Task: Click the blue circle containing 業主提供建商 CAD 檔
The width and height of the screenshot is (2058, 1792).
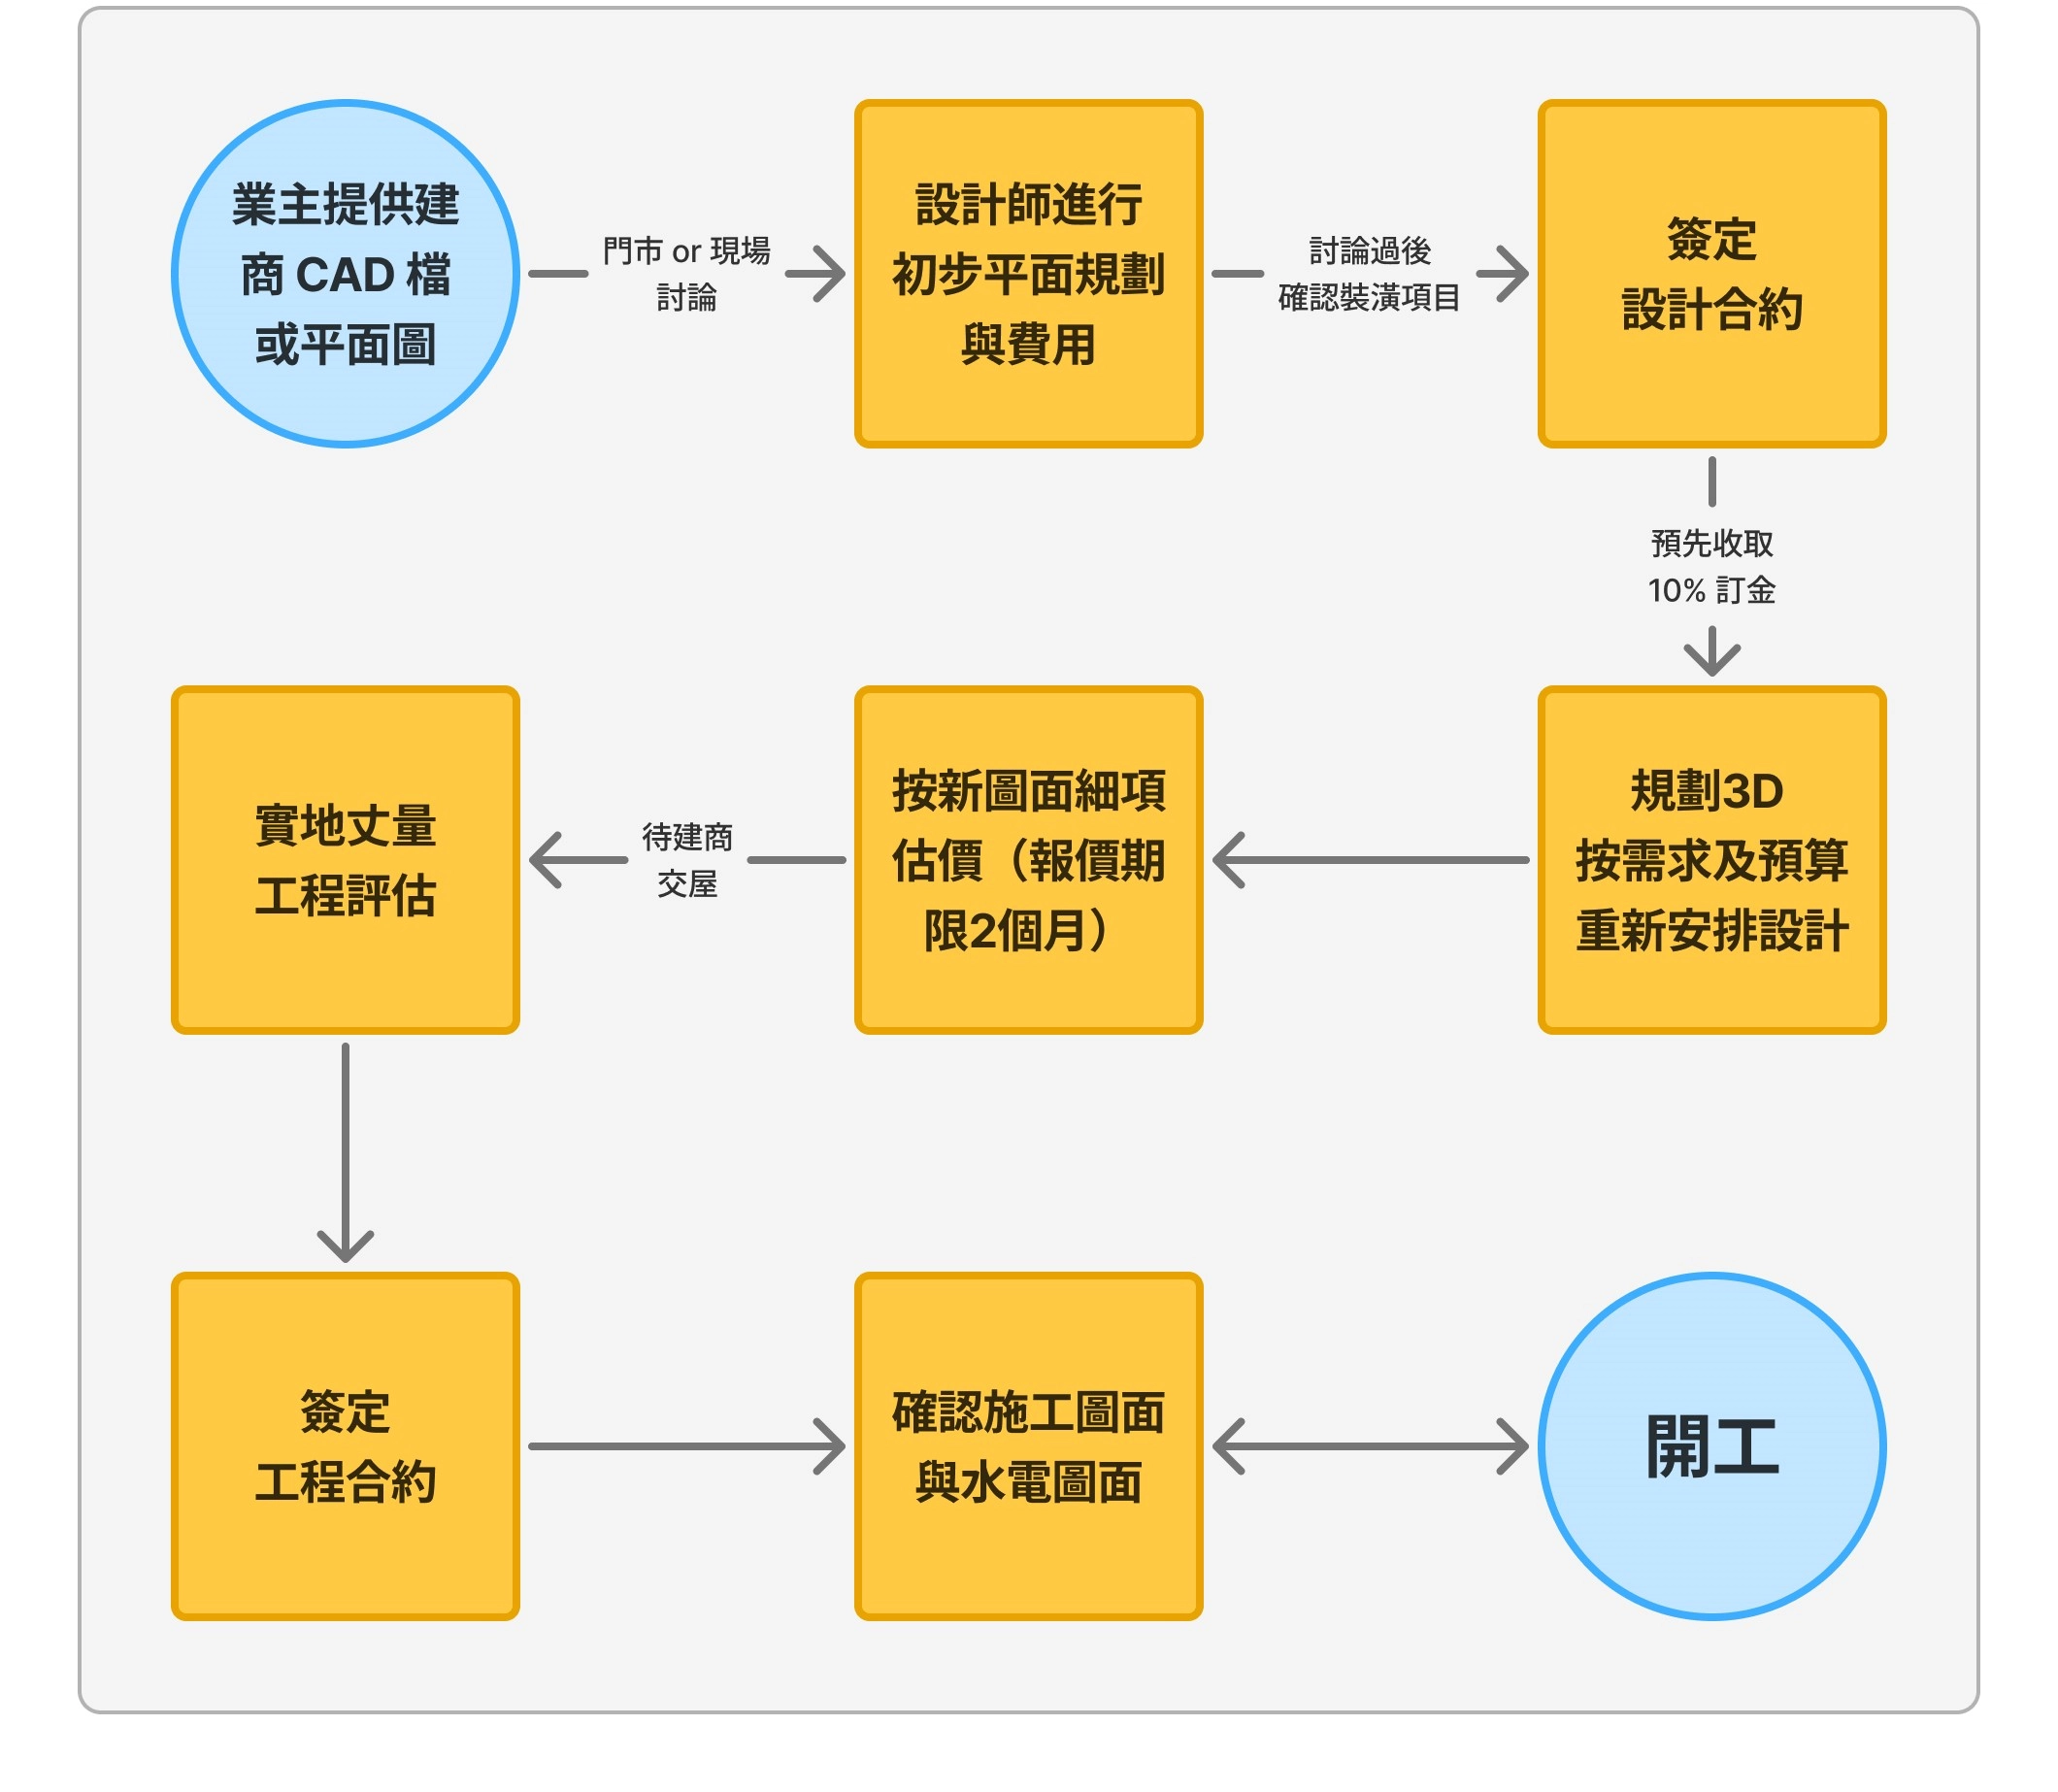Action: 345,273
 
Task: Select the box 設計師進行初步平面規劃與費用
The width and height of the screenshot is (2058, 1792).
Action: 1028,273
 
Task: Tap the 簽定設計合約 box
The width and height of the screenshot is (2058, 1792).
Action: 1711,273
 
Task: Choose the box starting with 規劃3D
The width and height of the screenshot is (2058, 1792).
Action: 1711,859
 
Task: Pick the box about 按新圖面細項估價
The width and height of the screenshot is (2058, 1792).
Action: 1028,859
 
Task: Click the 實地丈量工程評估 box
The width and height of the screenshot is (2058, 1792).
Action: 345,859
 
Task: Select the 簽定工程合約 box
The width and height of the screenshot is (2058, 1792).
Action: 345,1445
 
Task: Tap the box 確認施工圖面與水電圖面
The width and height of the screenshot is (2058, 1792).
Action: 1028,1445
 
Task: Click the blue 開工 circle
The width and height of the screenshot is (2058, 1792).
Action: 1711,1445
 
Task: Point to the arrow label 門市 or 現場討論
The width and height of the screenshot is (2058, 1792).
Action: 686,273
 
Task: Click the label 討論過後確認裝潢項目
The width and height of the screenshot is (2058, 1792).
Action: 1369,273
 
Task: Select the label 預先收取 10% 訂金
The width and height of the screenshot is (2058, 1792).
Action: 1711,566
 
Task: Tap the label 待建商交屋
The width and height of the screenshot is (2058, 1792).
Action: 686,859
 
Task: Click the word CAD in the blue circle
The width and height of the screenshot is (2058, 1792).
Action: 345,274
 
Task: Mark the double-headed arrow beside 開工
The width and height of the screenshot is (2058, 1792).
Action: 1369,1445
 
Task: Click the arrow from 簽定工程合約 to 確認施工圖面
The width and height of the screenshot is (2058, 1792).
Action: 686,1445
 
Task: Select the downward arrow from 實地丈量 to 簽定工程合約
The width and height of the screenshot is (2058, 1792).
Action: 345,1150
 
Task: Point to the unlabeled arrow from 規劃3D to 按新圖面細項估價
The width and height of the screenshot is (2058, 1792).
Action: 1369,859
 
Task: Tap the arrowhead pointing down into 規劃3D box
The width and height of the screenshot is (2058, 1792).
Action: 1711,656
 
